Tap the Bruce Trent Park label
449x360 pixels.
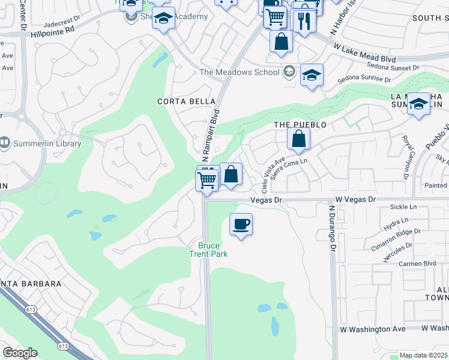click(209, 250)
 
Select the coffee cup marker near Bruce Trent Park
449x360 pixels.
click(241, 225)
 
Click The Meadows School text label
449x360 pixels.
click(240, 72)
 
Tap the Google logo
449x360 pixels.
click(20, 353)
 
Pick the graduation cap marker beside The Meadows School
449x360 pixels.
click(312, 75)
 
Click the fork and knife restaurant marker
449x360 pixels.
click(304, 22)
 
